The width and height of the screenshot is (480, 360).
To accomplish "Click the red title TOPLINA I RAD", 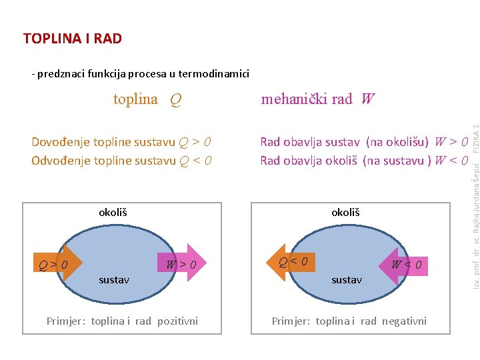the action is click(x=73, y=38).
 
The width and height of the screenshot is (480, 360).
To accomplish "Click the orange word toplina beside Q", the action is click(x=135, y=99).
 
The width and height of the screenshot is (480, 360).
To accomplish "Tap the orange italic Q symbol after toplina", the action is click(x=176, y=100).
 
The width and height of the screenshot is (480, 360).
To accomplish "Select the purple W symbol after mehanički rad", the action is click(x=367, y=99).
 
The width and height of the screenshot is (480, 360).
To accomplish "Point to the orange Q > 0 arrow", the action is click(x=58, y=263).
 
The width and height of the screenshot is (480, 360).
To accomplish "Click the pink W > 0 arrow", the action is click(x=182, y=263).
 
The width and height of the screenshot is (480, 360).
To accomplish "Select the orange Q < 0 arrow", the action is click(x=291, y=262).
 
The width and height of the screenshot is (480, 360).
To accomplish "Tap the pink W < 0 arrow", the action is click(x=403, y=266).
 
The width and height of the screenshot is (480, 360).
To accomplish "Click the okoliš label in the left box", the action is click(x=113, y=213).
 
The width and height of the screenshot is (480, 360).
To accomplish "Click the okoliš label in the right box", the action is click(x=345, y=213).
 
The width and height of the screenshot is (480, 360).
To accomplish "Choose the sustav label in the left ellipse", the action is click(x=114, y=280).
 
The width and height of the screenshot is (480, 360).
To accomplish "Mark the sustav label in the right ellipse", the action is click(x=347, y=280).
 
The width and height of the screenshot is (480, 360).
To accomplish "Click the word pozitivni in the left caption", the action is click(x=177, y=321).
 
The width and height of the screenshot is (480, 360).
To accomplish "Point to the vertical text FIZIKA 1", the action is click(x=476, y=139).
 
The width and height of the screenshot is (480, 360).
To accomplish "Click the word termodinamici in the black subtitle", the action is click(x=214, y=74).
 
